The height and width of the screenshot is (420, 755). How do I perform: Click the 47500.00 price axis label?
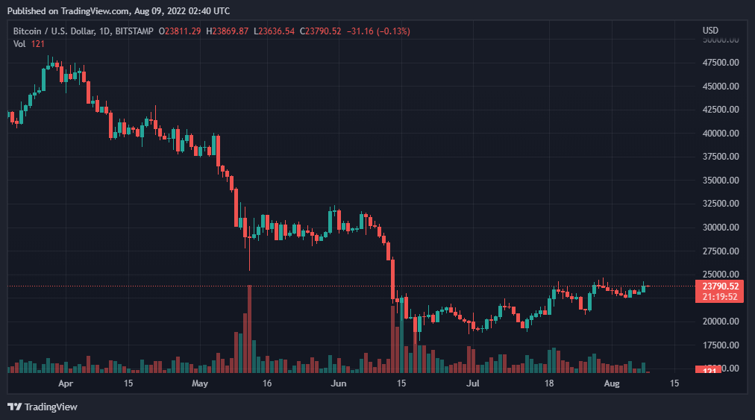click(720, 63)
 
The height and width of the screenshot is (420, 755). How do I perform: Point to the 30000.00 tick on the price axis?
click(720, 228)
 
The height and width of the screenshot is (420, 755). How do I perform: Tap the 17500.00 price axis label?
click(720, 345)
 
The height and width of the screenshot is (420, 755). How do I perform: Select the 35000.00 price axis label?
click(720, 181)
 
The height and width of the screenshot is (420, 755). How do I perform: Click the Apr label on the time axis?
click(66, 383)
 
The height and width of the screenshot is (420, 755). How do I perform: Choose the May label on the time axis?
click(199, 383)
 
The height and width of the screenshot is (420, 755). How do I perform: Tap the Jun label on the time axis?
click(339, 383)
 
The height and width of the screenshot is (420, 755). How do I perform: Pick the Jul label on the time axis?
click(472, 383)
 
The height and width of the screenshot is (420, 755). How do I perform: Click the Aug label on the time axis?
click(611, 383)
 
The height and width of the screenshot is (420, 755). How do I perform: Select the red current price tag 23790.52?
click(721, 286)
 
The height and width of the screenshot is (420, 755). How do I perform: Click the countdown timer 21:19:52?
click(721, 296)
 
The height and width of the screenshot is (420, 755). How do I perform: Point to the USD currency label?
click(710, 31)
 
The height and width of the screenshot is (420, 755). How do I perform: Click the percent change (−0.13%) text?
click(389, 31)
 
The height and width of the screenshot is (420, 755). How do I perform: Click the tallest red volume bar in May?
click(249, 328)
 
